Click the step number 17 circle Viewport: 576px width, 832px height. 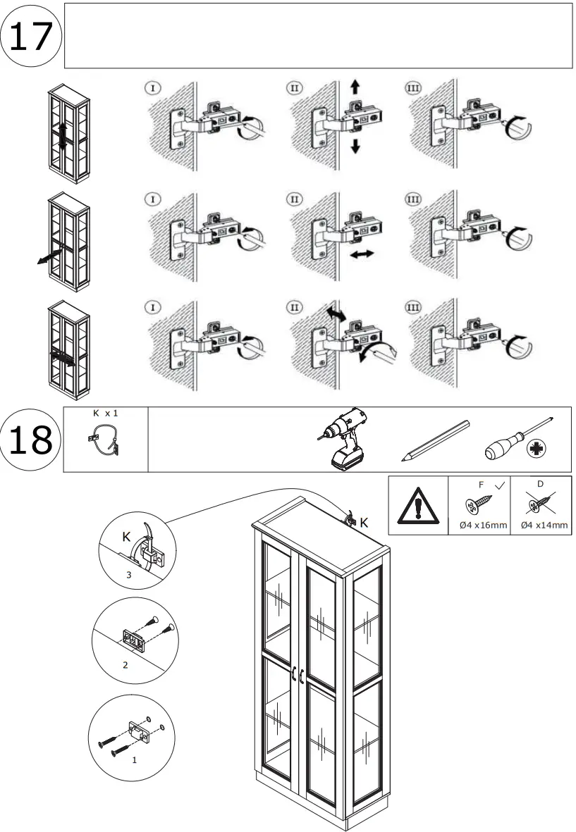tap(32, 36)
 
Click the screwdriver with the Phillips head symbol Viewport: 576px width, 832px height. tap(518, 440)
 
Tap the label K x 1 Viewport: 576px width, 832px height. tap(105, 414)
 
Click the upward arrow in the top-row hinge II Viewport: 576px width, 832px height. tap(355, 87)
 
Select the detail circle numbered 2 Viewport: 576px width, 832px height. tap(135, 638)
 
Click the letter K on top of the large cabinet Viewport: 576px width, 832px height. tap(364, 522)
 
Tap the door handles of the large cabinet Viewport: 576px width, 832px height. tap(298, 675)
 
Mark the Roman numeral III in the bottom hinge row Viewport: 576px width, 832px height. tap(413, 307)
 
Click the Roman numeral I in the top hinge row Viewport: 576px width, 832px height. tap(152, 88)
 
